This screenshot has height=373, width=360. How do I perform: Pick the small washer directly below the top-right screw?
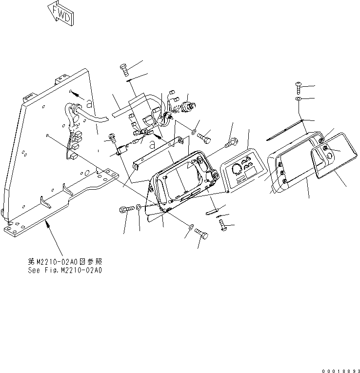(299, 99)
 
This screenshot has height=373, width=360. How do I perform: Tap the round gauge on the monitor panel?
(236, 168)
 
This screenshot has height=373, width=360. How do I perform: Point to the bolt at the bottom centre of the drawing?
(201, 235)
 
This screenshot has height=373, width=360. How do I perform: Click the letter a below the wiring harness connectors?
(153, 144)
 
